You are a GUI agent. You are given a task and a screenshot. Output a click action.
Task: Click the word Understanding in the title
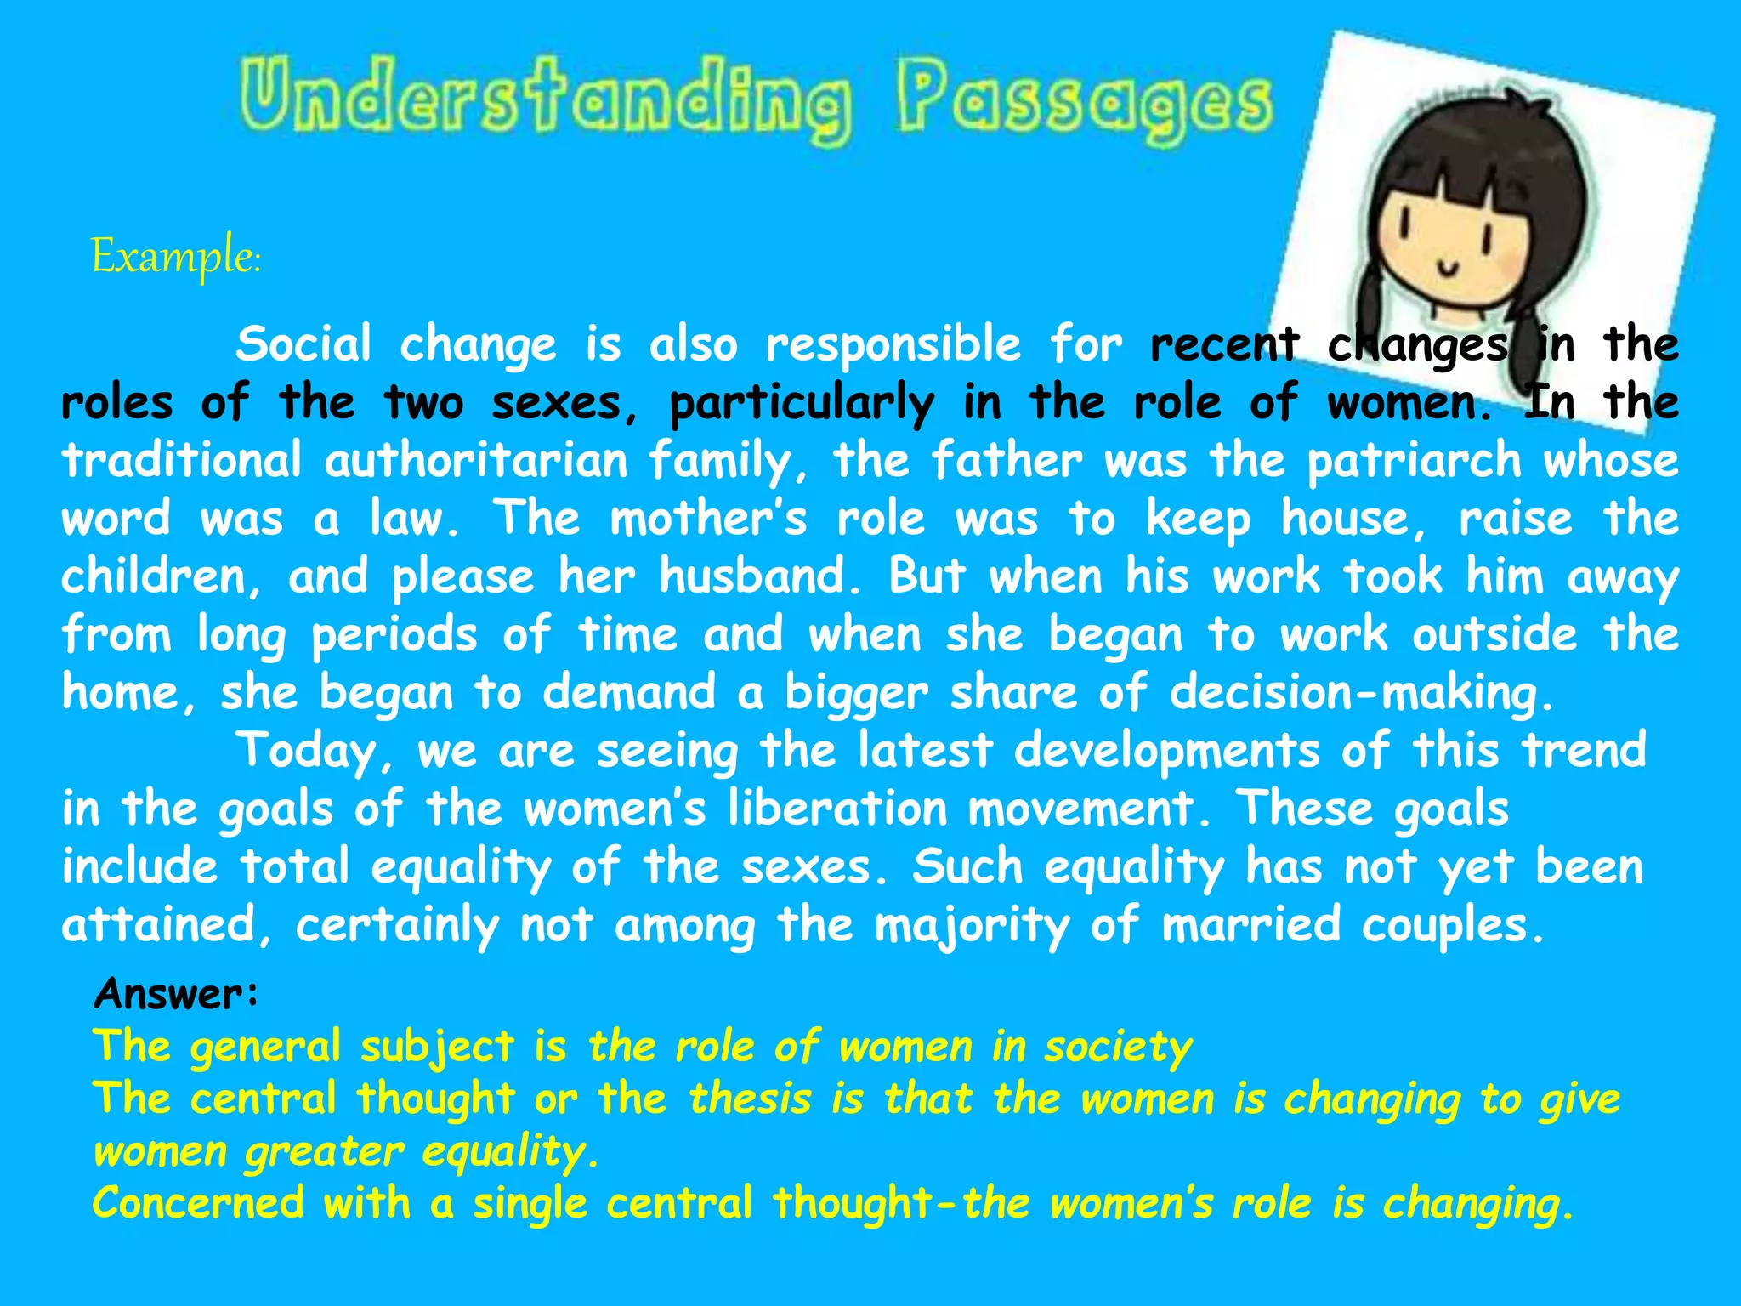[x=544, y=99]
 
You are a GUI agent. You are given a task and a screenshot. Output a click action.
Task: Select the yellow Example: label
[x=176, y=256]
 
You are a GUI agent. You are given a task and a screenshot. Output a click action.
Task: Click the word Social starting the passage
[x=303, y=344]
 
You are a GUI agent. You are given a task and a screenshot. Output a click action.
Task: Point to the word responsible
[x=893, y=345]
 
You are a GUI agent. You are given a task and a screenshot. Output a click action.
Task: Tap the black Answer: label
[x=176, y=993]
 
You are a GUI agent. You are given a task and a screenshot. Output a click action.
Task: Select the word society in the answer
[x=1119, y=1048]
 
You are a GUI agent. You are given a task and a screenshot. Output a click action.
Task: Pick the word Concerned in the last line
[x=198, y=1203]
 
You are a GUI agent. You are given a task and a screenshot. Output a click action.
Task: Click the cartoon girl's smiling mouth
[x=1447, y=270]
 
